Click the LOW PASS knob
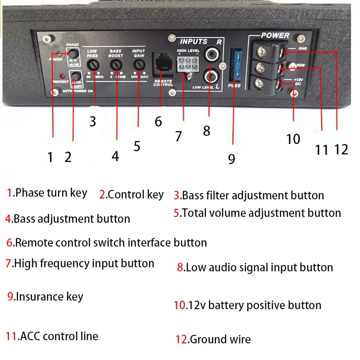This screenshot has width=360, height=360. click(x=93, y=66)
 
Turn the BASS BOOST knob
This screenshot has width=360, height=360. click(x=117, y=66)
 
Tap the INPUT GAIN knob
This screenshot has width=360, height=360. click(x=139, y=66)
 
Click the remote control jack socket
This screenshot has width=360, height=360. click(x=161, y=64)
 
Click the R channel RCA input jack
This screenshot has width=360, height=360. click(x=210, y=54)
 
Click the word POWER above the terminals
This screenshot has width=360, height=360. click(x=275, y=35)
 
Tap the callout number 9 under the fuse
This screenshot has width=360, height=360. click(x=231, y=159)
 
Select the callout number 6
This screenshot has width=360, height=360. click(x=158, y=121)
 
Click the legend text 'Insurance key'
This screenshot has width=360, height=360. click(x=49, y=297)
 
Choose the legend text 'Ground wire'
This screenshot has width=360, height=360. click(x=220, y=339)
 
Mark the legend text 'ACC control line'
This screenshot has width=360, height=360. click(x=59, y=336)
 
